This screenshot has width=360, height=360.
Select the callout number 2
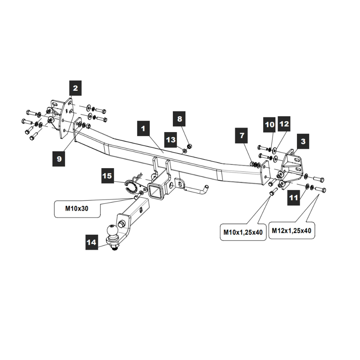pos(75,88)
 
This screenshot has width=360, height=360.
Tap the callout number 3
pos(303,141)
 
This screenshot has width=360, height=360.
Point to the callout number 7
pos(242,136)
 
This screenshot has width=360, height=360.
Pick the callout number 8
pos(180,119)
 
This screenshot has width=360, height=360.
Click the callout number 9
pos(59,158)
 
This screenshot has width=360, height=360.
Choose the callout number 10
pos(270,125)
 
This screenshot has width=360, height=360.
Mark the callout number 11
pos(294,198)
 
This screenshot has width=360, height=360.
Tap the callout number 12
pos(284,124)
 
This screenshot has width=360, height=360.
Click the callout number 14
pos(92,242)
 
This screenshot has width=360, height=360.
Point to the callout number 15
pos(107,176)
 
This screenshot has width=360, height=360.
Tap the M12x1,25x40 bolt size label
pos(292,230)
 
